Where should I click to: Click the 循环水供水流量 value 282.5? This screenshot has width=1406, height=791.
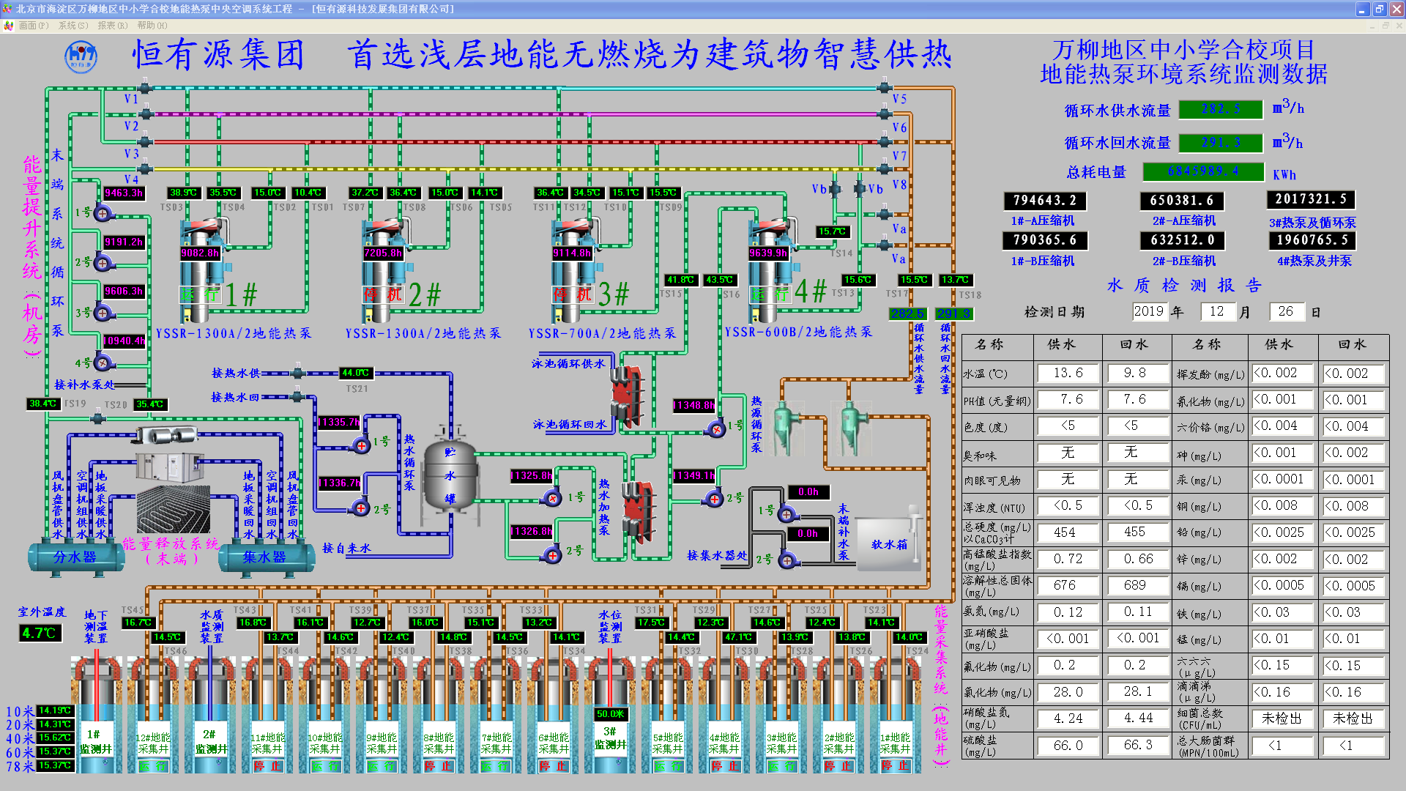[1221, 109]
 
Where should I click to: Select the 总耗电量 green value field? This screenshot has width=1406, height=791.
[1203, 171]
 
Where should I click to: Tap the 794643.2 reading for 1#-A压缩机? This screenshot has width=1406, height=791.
[1044, 200]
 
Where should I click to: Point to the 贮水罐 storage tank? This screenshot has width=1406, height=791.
[450, 475]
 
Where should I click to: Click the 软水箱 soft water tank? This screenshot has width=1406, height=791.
[888, 544]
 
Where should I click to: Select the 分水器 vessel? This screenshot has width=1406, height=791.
[75, 557]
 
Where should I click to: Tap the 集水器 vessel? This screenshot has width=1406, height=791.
[264, 557]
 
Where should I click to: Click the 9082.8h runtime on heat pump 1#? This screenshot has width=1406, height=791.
[200, 253]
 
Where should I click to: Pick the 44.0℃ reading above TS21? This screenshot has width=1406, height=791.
[356, 373]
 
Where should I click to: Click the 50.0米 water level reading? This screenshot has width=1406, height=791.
[610, 713]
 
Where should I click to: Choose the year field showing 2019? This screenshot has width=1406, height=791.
[1148, 311]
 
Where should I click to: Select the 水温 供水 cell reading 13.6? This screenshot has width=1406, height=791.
[1068, 373]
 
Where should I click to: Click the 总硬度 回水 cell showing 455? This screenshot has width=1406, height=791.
[1134, 532]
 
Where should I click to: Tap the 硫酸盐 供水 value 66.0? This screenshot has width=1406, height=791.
[1068, 745]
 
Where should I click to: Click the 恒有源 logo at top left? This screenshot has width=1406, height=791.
[81, 56]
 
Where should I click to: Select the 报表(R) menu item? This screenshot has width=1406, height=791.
[112, 26]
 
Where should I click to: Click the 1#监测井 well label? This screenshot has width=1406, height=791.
[96, 741]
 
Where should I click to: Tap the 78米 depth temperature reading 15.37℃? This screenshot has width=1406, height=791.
[55, 765]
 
